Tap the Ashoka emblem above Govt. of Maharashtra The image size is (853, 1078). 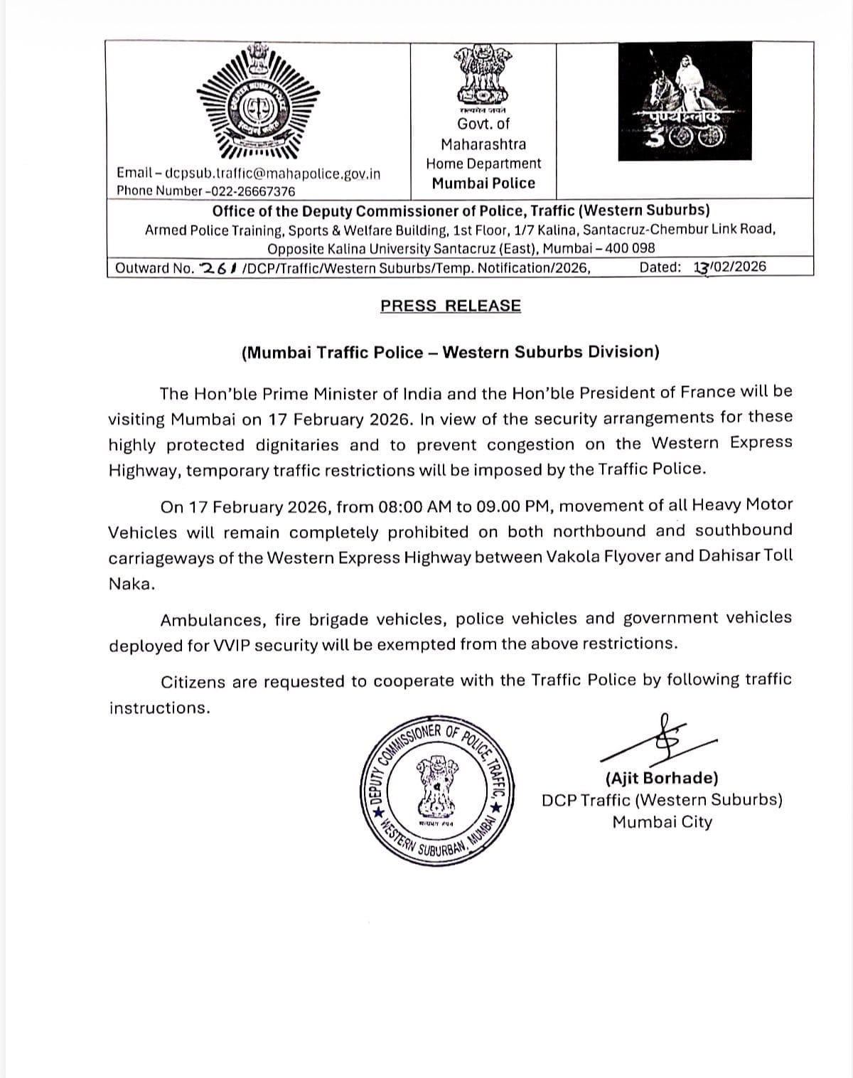483,73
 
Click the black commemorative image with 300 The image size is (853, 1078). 685,100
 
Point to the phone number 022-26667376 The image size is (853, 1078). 250,191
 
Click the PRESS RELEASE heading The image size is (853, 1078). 451,306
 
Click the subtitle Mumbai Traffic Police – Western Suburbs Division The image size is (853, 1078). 451,352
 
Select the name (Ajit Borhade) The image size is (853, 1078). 662,778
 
